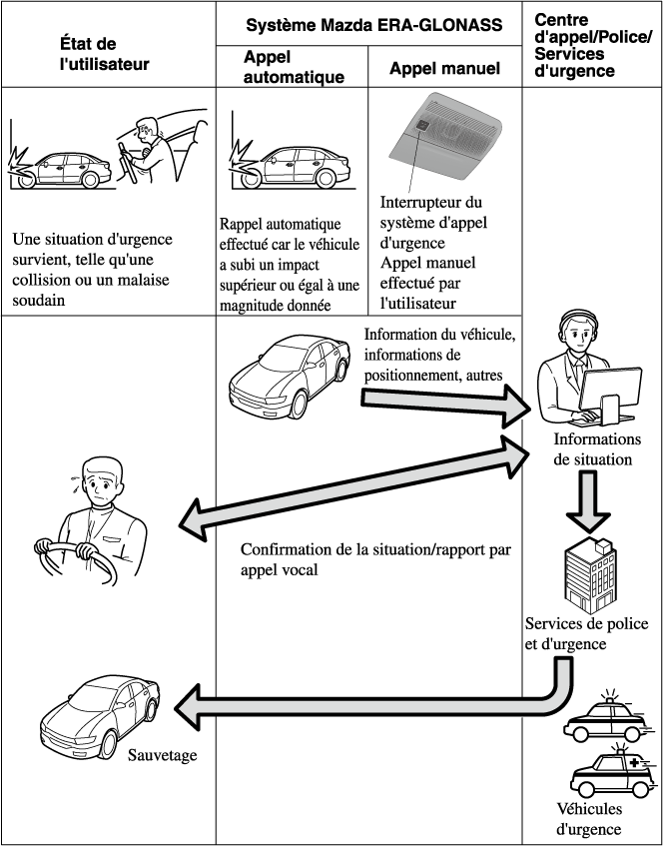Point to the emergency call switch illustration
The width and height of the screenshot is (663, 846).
click(446, 135)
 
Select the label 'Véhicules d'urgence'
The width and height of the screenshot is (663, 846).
click(589, 819)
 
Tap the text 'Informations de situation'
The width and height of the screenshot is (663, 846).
click(597, 449)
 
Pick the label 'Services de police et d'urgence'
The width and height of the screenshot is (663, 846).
click(586, 633)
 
